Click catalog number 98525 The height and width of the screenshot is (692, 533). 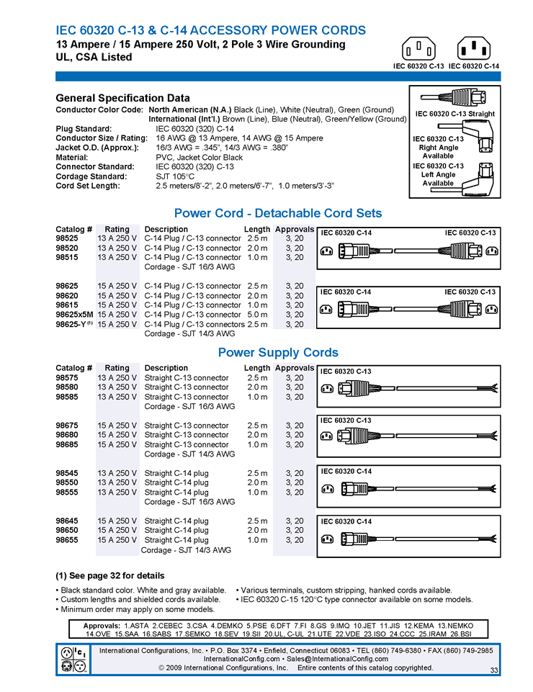(x=67, y=238)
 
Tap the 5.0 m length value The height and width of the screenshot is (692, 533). (x=257, y=315)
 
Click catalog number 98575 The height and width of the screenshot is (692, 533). (x=67, y=378)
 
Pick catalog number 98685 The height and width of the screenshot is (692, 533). (x=67, y=444)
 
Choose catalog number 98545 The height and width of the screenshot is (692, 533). (x=67, y=473)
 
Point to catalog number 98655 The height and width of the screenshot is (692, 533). (x=67, y=540)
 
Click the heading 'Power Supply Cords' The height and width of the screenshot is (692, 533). (x=278, y=353)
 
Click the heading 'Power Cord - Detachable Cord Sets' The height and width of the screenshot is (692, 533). (x=278, y=213)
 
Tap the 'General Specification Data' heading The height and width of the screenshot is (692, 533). (x=122, y=98)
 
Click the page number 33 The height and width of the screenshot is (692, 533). (x=494, y=671)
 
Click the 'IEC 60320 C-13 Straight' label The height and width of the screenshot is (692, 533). (x=455, y=114)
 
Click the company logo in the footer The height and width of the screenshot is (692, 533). (x=74, y=659)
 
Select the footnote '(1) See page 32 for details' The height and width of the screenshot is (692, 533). (x=109, y=576)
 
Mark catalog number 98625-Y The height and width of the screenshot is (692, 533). (x=72, y=324)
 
